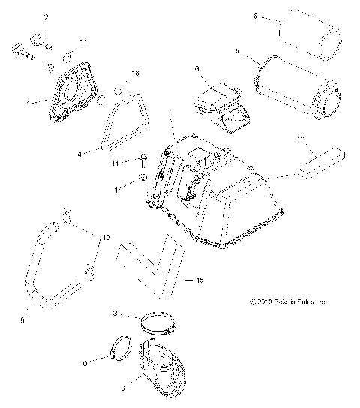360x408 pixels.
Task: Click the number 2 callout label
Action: pos(46,16)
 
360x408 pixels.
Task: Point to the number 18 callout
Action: pos(135,73)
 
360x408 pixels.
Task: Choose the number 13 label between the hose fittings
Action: pos(106,238)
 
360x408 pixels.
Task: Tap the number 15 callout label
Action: pos(199,280)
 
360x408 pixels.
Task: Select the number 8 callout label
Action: pos(22,319)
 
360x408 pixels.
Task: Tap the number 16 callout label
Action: pos(196,69)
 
